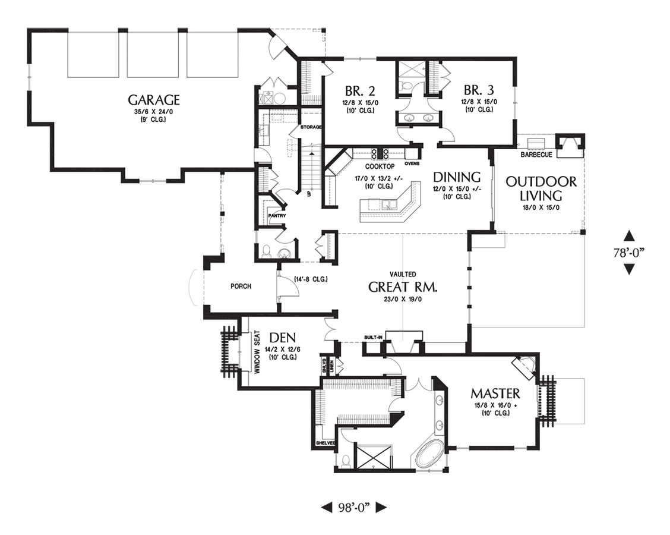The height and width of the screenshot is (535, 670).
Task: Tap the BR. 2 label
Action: [360, 91]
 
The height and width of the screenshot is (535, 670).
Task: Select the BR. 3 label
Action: [479, 90]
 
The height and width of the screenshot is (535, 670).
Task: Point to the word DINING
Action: [456, 177]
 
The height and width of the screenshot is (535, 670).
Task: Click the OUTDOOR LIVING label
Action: [541, 188]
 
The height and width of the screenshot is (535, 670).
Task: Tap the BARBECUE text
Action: [536, 155]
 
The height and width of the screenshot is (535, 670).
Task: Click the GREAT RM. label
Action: [403, 287]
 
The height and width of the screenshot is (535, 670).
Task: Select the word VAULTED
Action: [402, 274]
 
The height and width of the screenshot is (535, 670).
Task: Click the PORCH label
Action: [241, 287]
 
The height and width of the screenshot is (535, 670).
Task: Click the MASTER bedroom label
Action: [495, 394]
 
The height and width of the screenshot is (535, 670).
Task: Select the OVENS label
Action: [412, 163]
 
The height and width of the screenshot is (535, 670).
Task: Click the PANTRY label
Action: [277, 216]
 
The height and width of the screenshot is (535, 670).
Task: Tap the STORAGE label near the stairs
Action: [311, 127]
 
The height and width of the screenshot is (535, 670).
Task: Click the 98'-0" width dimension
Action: [354, 507]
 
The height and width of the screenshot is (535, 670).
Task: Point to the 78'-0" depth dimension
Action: [628, 252]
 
